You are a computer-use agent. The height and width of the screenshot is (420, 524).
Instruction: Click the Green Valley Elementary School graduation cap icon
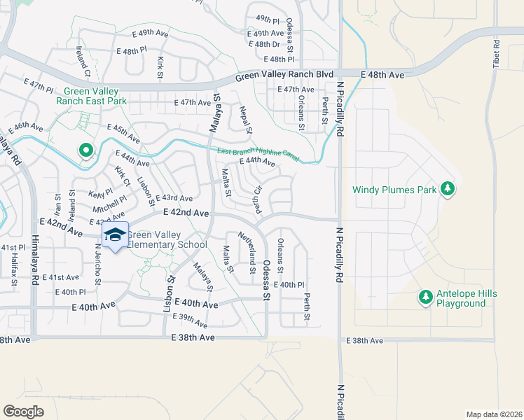[x=114, y=236]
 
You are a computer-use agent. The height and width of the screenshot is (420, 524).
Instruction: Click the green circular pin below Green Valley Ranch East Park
[x=86, y=150]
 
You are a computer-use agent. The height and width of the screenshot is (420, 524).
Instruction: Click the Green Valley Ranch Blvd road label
[x=284, y=74]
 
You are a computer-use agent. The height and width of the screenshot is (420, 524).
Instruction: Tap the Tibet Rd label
[x=497, y=53]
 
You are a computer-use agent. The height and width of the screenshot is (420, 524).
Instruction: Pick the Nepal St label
[x=245, y=120]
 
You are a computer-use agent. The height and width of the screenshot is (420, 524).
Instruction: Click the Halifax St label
[x=13, y=268]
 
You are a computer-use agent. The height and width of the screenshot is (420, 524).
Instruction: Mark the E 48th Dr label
[x=268, y=44]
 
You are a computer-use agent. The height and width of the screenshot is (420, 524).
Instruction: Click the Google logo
[x=23, y=411]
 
